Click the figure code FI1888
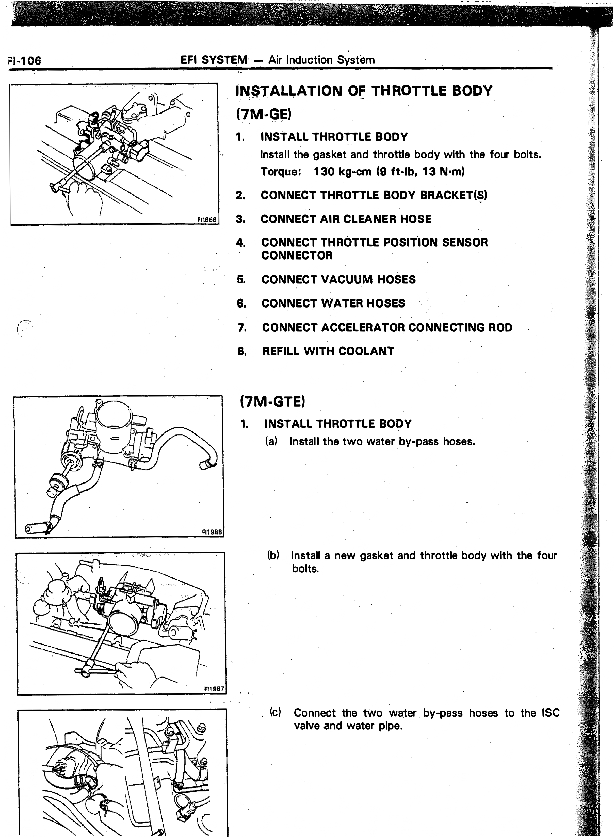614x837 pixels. pyautogui.click(x=207, y=220)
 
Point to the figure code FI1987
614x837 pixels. pyautogui.click(x=214, y=689)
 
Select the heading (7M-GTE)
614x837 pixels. pyautogui.click(x=272, y=401)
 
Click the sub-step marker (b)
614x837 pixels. pyautogui.click(x=273, y=555)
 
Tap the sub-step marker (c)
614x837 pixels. pyautogui.click(x=276, y=713)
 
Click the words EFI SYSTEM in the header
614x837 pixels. pyautogui.click(x=214, y=60)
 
